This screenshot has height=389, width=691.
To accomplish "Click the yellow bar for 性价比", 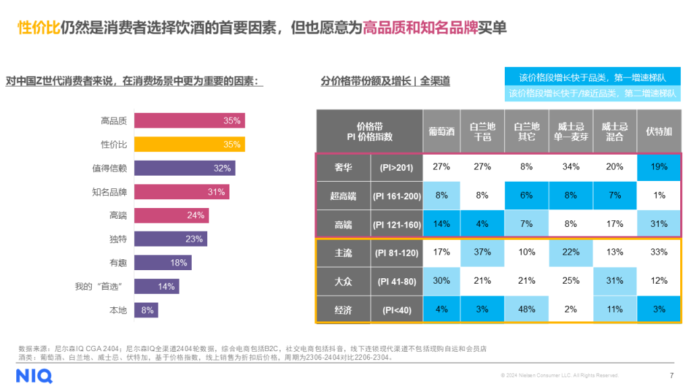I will (189, 145).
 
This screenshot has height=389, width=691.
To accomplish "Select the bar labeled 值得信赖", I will (184, 168).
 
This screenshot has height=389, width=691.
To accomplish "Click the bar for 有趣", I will (163, 263).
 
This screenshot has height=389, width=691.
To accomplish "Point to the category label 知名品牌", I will (109, 192).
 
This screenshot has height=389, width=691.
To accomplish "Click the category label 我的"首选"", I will (101, 286).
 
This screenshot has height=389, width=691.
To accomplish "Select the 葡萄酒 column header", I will (441, 131).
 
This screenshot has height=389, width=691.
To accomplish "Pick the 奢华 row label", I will (343, 167).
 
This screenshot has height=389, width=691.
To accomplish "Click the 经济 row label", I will (343, 309).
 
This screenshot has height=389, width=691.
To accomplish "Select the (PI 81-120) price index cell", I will (397, 253).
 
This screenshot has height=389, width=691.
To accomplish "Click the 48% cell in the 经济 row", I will (526, 309).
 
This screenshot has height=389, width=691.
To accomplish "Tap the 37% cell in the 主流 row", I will (482, 253).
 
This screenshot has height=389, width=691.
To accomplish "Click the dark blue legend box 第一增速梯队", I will (592, 76).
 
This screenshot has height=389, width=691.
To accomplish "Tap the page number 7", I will (671, 375).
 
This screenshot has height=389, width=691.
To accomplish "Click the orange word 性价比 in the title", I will (38, 28).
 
